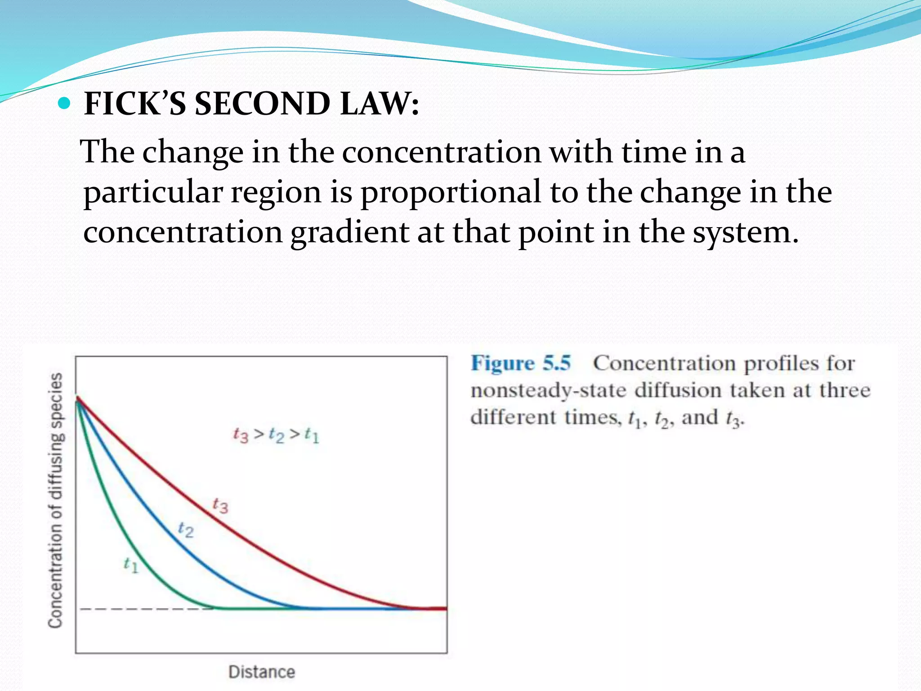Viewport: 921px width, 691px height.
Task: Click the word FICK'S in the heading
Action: [135, 104]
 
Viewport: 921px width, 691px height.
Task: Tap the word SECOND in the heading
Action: [262, 104]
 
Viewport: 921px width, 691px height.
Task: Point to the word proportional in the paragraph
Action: [451, 193]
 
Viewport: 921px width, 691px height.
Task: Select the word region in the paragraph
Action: [276, 193]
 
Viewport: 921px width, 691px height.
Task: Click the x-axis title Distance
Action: [262, 672]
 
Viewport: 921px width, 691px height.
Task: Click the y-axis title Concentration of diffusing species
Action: [56, 500]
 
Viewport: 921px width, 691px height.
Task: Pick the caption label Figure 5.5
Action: [521, 363]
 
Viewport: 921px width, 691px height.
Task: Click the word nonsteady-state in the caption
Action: [548, 390]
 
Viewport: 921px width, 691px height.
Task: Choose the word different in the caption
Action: [513, 417]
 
